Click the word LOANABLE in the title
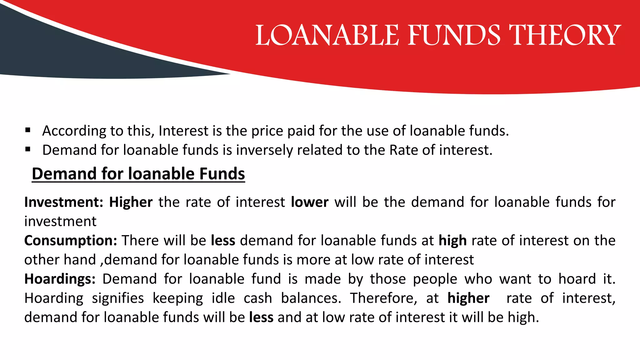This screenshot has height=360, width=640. [327, 35]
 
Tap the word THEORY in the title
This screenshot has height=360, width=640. [565, 35]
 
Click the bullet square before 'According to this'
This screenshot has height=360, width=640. [28, 130]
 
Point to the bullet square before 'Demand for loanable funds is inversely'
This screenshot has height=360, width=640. [28, 149]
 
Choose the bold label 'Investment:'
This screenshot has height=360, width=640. [64, 202]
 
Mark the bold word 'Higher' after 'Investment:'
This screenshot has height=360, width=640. [131, 202]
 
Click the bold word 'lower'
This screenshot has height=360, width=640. [309, 202]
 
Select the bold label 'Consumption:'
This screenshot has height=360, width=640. [71, 241]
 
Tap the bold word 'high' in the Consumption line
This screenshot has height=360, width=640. [452, 241]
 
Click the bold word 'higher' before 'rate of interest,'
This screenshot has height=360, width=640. [468, 298]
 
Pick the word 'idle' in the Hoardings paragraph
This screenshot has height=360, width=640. [223, 298]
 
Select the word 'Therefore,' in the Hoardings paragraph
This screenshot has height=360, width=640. [383, 298]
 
